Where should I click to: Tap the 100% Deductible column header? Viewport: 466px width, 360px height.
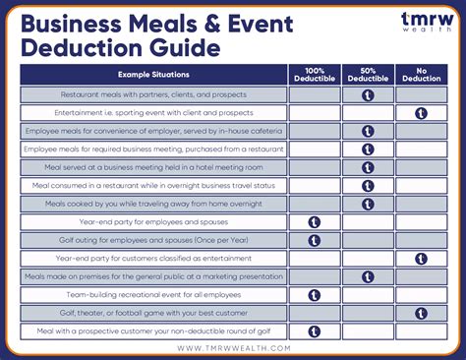click(315, 75)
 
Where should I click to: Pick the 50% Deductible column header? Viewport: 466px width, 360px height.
click(368, 75)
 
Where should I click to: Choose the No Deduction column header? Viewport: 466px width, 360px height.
click(421, 75)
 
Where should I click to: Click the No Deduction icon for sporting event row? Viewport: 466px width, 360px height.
click(421, 113)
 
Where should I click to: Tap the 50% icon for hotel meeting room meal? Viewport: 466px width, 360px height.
click(368, 167)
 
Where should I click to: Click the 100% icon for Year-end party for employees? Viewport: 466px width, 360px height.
click(315, 222)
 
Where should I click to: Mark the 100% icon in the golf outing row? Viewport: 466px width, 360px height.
click(315, 240)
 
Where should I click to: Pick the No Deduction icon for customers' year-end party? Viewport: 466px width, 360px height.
click(421, 259)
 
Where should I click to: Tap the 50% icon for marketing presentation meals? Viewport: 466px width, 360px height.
click(368, 276)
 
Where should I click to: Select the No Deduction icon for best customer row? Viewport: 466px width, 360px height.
click(421, 314)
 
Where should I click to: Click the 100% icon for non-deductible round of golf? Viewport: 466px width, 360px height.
click(315, 331)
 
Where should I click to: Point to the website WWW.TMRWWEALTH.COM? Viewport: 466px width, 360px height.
click(233, 347)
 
